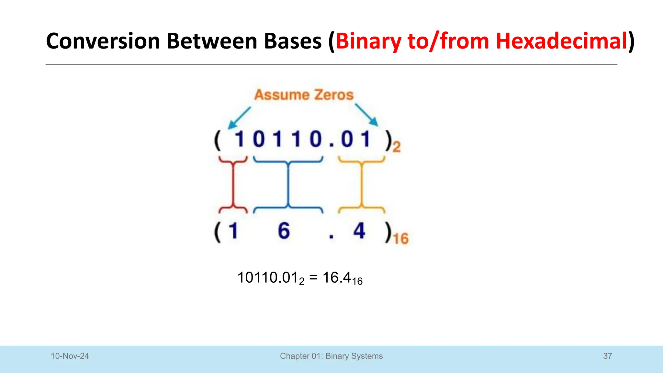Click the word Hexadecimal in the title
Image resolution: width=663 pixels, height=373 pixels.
(x=562, y=41)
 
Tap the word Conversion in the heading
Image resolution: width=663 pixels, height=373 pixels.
(x=103, y=41)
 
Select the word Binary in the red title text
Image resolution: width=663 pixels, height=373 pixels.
(x=368, y=41)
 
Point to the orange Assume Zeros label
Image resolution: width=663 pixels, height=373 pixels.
(x=304, y=95)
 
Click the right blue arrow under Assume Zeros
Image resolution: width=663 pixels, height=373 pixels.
(x=366, y=115)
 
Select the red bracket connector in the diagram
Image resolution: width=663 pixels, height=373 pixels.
(x=233, y=185)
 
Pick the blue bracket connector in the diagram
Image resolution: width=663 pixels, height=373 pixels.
(x=288, y=185)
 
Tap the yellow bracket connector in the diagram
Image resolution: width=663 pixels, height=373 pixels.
(x=362, y=185)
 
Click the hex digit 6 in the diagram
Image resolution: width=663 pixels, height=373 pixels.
(x=284, y=231)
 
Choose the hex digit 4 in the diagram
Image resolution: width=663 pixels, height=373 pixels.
(x=359, y=231)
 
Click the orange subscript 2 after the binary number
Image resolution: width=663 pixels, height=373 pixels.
(x=397, y=147)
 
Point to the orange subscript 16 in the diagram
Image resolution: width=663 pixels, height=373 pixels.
(x=401, y=239)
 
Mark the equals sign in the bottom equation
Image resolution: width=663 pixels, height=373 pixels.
(x=313, y=278)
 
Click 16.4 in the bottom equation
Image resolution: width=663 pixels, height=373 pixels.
(x=337, y=278)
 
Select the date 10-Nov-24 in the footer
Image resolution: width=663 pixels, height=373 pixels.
(x=70, y=356)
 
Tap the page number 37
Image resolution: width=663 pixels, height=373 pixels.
(x=608, y=356)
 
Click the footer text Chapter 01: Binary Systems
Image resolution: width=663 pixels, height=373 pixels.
(x=331, y=356)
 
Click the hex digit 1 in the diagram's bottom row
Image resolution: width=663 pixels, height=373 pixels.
(x=233, y=231)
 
